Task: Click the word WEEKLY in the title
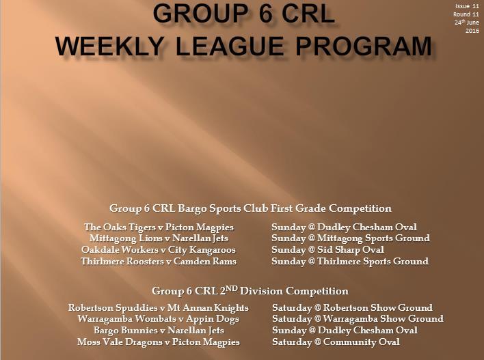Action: [x=109, y=46]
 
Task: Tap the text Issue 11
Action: [x=468, y=6]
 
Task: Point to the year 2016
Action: [x=472, y=31]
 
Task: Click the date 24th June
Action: [x=467, y=23]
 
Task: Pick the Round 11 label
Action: [x=466, y=14]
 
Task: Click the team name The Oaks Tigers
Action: [x=120, y=227]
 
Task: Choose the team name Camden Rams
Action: [x=205, y=261]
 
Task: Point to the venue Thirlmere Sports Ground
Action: [x=373, y=261]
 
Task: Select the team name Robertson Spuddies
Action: [x=113, y=308]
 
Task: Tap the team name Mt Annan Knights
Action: [x=208, y=308]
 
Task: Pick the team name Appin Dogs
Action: [x=213, y=319]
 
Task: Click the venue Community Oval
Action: [x=362, y=342]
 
